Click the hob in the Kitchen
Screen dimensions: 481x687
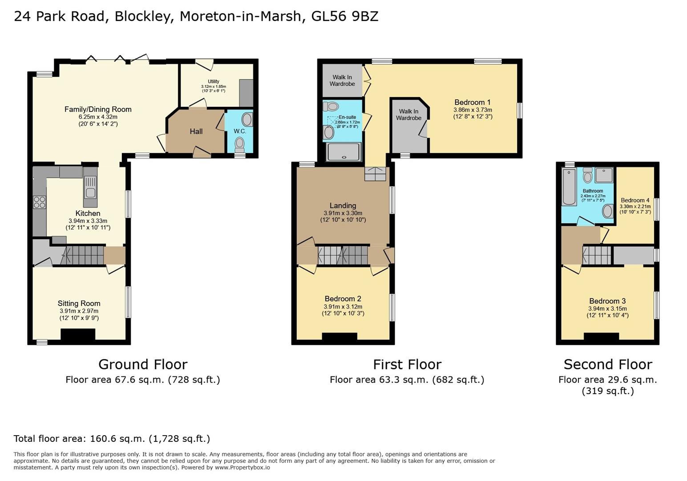click(x=40, y=202)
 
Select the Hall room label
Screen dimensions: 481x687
click(x=196, y=131)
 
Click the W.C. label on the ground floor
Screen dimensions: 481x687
click(x=240, y=131)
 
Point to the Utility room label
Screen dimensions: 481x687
click(x=214, y=82)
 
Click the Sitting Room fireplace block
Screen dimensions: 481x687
click(x=78, y=335)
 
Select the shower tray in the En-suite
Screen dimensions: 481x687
click(x=343, y=152)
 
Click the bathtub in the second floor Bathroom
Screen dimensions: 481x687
click(x=569, y=188)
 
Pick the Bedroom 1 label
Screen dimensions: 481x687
click(x=472, y=102)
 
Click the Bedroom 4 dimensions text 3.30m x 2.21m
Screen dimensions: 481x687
click(x=635, y=206)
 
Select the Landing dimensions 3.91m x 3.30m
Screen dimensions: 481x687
click(x=343, y=213)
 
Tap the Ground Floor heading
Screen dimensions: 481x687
click(x=143, y=364)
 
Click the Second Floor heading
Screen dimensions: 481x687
click(x=607, y=364)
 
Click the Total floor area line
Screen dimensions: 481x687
click(x=112, y=439)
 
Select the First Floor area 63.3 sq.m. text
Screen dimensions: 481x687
click(x=407, y=380)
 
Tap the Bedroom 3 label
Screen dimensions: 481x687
click(x=607, y=301)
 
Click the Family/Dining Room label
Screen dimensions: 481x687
click(x=98, y=109)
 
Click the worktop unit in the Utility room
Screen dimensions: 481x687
click(x=246, y=93)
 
